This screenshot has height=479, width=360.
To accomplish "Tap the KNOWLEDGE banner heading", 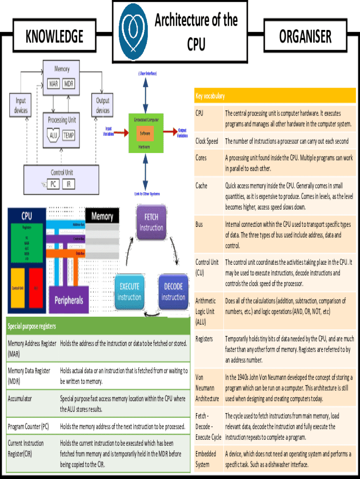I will (55, 36).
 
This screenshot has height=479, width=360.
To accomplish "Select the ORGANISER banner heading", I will (305, 36).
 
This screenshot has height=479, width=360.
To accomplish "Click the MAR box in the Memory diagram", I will (54, 84).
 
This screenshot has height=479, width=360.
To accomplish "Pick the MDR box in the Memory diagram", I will (69, 84).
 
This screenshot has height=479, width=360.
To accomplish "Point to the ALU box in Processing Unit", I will (54, 135).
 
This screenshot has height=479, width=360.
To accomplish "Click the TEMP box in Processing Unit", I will (68, 135).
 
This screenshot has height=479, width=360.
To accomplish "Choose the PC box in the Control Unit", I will (53, 184).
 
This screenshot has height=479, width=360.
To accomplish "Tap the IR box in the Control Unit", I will (68, 184).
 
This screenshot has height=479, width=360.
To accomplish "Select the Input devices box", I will (21, 106).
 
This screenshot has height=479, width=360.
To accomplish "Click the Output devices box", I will (103, 106).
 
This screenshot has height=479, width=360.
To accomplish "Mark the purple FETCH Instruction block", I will (151, 223).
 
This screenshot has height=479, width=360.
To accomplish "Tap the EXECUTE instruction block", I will (129, 292).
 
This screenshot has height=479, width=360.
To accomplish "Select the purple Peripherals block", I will (69, 300).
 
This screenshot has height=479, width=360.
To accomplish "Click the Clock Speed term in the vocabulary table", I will (207, 141).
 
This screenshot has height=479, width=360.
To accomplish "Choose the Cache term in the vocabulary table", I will (202, 186).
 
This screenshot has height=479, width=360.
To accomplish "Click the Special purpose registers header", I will (32, 326).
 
